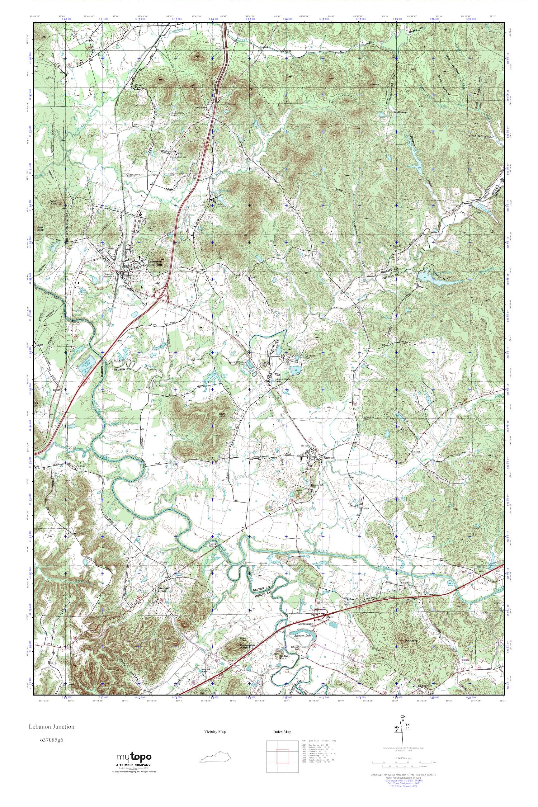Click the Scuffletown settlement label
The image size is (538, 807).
click(402, 111)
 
